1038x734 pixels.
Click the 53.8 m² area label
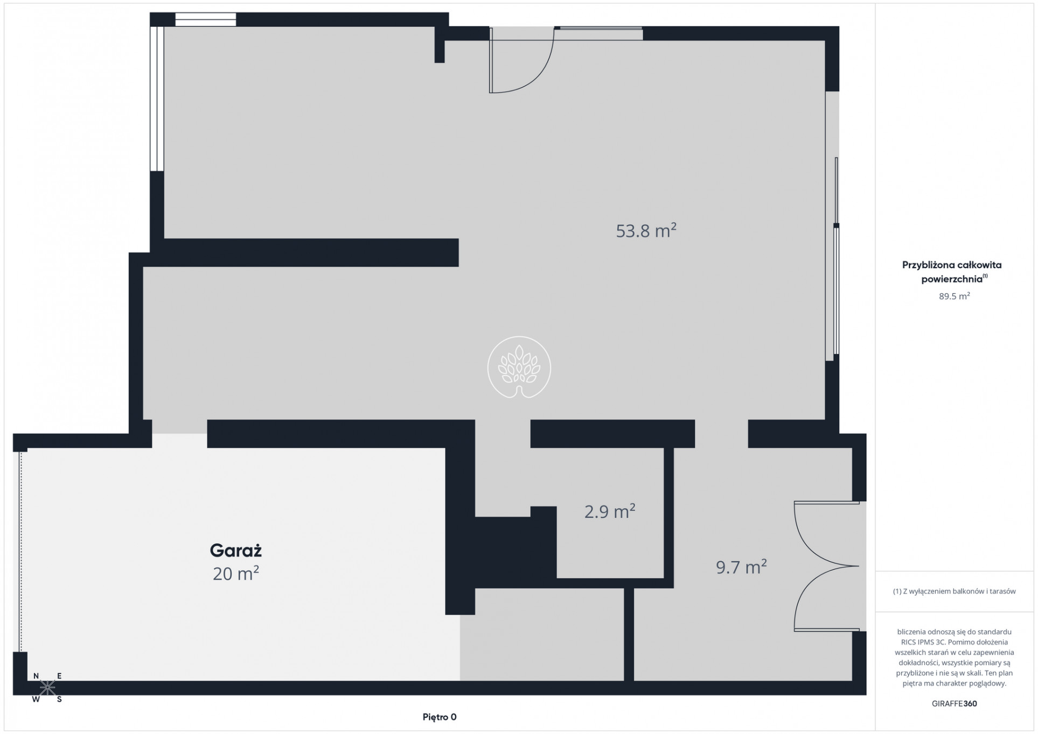click(646, 230)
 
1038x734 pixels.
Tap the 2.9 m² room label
click(610, 511)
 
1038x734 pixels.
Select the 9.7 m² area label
click(741, 567)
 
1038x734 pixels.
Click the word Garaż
click(235, 550)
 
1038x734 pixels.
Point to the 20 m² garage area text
click(236, 574)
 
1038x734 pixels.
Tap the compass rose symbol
click(47, 687)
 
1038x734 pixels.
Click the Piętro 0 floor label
click(440, 717)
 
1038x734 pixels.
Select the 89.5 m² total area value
click(955, 296)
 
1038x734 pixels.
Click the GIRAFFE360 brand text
click(955, 703)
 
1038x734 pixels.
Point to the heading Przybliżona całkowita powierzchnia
click(952, 272)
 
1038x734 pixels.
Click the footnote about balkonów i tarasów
click(955, 591)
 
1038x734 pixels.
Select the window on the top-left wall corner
click(206, 19)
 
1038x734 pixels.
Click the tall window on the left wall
click(157, 98)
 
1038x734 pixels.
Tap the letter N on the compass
click(36, 676)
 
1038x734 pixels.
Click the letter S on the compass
click(59, 700)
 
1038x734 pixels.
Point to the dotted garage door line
click(20, 552)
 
